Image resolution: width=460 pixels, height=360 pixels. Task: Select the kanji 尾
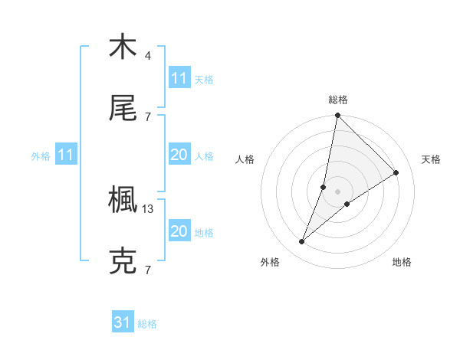pyautogui.click(x=123, y=110)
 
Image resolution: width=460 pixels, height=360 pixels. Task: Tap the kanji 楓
pyautogui.click(x=123, y=201)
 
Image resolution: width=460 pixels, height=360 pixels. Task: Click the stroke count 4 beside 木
pyautogui.click(x=148, y=55)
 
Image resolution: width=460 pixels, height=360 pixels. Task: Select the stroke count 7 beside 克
pyautogui.click(x=148, y=270)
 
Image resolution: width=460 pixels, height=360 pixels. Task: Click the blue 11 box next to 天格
pyautogui.click(x=179, y=78)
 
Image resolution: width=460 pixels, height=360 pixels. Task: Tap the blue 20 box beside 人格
pyautogui.click(x=179, y=155)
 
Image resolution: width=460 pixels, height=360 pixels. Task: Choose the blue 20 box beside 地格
pyautogui.click(x=179, y=231)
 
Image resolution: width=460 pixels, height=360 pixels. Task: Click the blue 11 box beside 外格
pyautogui.click(x=66, y=155)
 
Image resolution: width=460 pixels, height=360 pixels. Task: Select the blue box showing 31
pyautogui.click(x=123, y=323)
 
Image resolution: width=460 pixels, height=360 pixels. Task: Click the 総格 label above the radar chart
pyautogui.click(x=338, y=100)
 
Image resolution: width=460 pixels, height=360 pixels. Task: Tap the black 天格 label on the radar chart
pyautogui.click(x=431, y=159)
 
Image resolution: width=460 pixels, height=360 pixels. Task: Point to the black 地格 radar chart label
pyautogui.click(x=402, y=262)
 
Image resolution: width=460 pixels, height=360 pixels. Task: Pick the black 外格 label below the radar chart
pyautogui.click(x=270, y=262)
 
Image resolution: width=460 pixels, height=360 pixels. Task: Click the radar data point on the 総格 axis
pyautogui.click(x=337, y=116)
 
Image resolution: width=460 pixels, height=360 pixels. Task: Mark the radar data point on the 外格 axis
pyautogui.click(x=302, y=242)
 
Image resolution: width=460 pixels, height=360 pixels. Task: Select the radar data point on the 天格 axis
pyautogui.click(x=396, y=173)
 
